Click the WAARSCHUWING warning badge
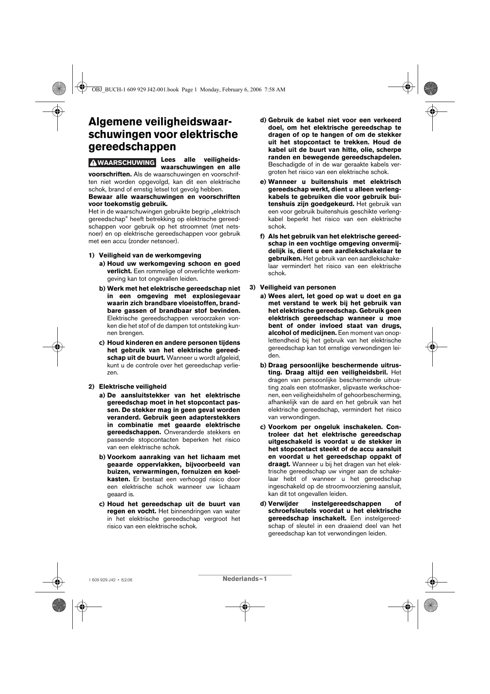pos(122,163)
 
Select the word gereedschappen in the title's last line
pos(132,146)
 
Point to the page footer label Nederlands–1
pos(245,579)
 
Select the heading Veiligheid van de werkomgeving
pos(150,255)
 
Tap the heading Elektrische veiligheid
pos(132,386)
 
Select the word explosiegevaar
pos(216,296)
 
